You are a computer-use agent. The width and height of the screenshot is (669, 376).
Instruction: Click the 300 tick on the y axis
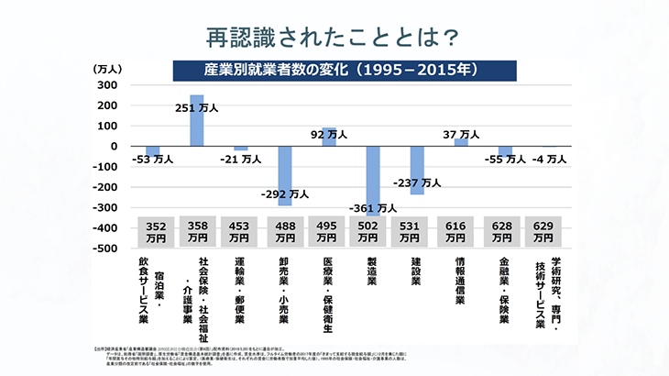(105, 85)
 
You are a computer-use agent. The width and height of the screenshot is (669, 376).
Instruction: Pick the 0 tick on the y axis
(112, 147)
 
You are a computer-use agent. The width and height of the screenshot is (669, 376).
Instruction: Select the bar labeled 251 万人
(197, 120)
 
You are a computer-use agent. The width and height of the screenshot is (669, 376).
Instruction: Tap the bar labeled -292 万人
(285, 175)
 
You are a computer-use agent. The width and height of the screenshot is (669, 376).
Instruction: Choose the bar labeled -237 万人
(417, 171)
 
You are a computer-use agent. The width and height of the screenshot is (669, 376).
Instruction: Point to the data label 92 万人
(329, 134)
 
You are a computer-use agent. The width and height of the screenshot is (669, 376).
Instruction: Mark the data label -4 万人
(550, 159)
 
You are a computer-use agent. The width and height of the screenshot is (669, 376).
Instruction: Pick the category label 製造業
(372, 271)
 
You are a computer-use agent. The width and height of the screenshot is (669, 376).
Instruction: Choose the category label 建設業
(416, 271)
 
